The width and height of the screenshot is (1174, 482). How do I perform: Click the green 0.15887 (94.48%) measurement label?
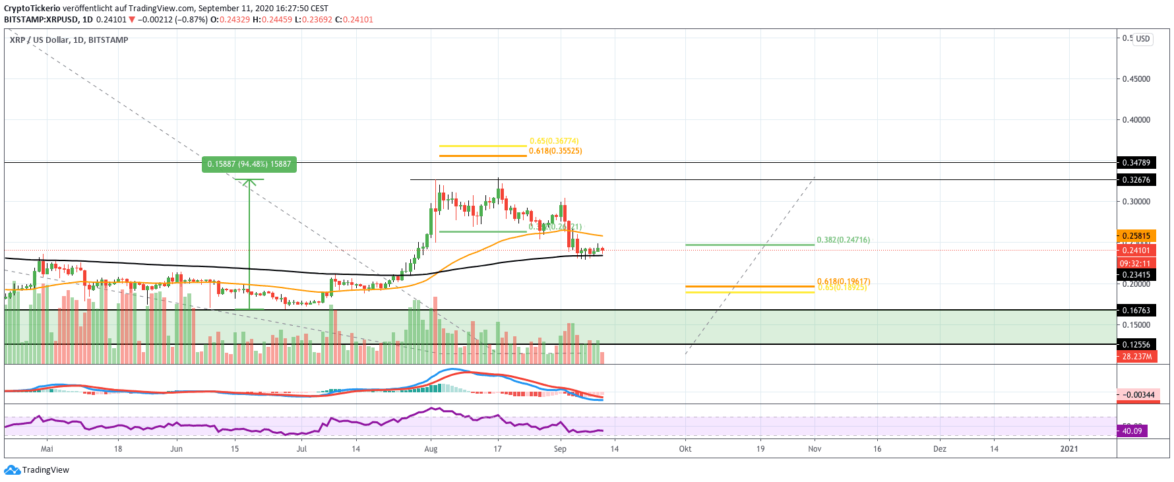[x=249, y=164]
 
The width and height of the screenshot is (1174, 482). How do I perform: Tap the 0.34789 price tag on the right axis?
[x=1136, y=162]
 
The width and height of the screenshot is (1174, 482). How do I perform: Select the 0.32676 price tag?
[x=1136, y=179]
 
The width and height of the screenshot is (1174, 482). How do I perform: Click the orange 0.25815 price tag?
[x=1136, y=235]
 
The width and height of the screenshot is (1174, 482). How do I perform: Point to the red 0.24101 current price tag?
[x=1136, y=251]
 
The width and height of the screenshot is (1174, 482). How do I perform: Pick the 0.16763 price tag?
[x=1136, y=310]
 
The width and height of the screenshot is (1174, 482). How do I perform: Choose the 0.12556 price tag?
[x=1136, y=344]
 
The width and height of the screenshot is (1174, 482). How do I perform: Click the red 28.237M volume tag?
[x=1136, y=357]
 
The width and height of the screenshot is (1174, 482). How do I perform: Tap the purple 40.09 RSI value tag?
[x=1132, y=431]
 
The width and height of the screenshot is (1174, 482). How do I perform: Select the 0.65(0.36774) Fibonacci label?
[x=554, y=141]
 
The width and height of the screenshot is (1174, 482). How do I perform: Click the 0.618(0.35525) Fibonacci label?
[x=555, y=151]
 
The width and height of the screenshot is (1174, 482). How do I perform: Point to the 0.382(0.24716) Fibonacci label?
[x=843, y=240]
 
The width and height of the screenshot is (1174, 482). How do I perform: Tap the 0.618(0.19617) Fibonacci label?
[x=843, y=281]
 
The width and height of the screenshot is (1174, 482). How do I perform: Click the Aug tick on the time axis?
[x=431, y=449]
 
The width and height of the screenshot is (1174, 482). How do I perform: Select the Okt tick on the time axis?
[x=685, y=449]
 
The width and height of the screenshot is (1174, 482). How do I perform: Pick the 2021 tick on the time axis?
[x=1068, y=449]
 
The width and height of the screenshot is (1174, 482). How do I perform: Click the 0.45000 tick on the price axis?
[x=1136, y=79]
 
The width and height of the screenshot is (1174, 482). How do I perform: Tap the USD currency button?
[x=1142, y=39]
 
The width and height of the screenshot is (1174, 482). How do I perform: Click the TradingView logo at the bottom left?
[x=37, y=470]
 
